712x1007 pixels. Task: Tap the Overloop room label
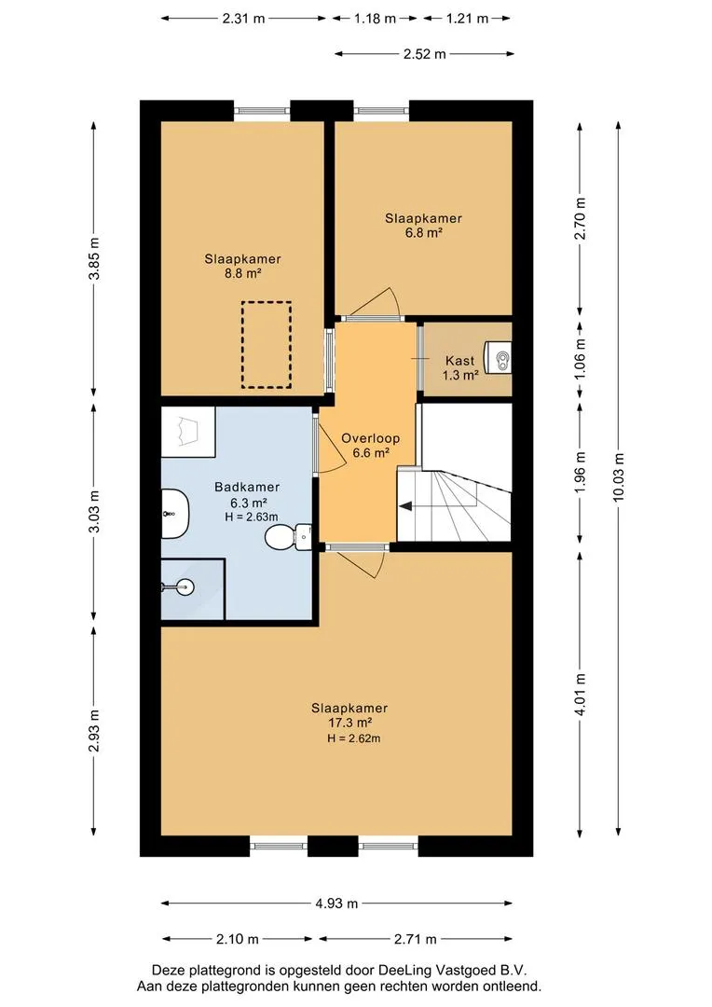(x=371, y=438)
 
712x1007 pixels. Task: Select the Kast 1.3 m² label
(x=460, y=368)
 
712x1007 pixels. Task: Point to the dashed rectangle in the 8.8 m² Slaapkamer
(x=267, y=345)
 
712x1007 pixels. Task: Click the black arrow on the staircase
(x=405, y=506)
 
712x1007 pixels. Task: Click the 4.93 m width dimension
(x=336, y=904)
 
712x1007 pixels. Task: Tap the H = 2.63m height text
(x=252, y=517)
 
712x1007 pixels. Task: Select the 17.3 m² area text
(x=349, y=724)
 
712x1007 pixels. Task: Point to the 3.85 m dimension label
(x=94, y=259)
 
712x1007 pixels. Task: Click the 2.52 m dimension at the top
(x=424, y=55)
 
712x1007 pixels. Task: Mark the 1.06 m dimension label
(x=581, y=357)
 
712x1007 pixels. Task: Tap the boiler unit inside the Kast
(x=499, y=356)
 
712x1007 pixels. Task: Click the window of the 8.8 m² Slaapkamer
(x=262, y=111)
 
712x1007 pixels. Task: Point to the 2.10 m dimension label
(x=237, y=940)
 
